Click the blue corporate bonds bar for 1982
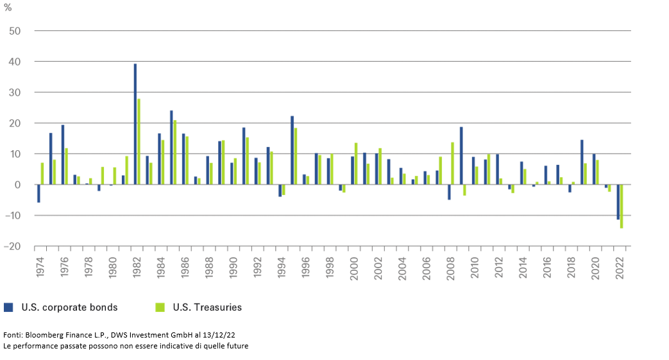(135, 124)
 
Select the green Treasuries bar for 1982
(139, 142)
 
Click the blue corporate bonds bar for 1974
(38, 194)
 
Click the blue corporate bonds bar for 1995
(292, 150)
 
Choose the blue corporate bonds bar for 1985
(171, 148)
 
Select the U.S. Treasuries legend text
(207, 307)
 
